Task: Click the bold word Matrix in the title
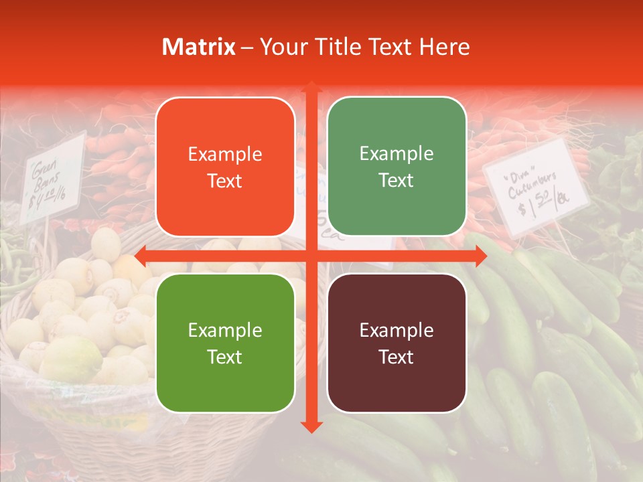coord(199,47)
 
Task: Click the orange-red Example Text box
coord(225,167)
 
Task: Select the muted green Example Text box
coord(397,167)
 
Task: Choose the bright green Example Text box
coord(225,343)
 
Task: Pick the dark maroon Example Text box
coord(397,343)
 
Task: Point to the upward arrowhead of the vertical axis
coord(311,88)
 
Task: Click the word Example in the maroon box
coord(397,330)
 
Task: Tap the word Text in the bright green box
coord(225,357)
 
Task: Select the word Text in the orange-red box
coord(225,181)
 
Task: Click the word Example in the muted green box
coord(397,154)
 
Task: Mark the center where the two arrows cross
coord(311,256)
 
